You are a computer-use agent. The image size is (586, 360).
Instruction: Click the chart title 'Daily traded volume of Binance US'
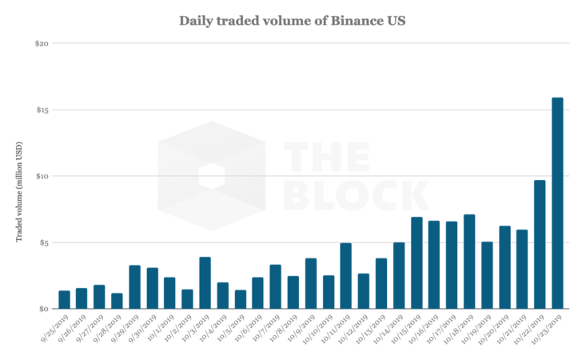click(293, 20)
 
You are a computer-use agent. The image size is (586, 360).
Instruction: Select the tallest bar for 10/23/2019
click(557, 203)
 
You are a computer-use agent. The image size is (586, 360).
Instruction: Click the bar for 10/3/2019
click(205, 282)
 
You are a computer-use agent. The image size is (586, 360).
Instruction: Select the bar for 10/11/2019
click(346, 276)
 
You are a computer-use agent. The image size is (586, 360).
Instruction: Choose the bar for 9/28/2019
click(117, 301)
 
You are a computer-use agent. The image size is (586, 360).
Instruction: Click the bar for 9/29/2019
click(134, 286)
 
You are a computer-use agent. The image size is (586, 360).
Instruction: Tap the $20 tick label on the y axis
click(42, 43)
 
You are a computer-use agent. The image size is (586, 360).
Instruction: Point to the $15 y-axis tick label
click(42, 110)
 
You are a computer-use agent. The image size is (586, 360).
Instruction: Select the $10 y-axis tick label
click(42, 176)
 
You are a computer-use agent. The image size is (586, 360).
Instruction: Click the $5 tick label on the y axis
click(43, 242)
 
